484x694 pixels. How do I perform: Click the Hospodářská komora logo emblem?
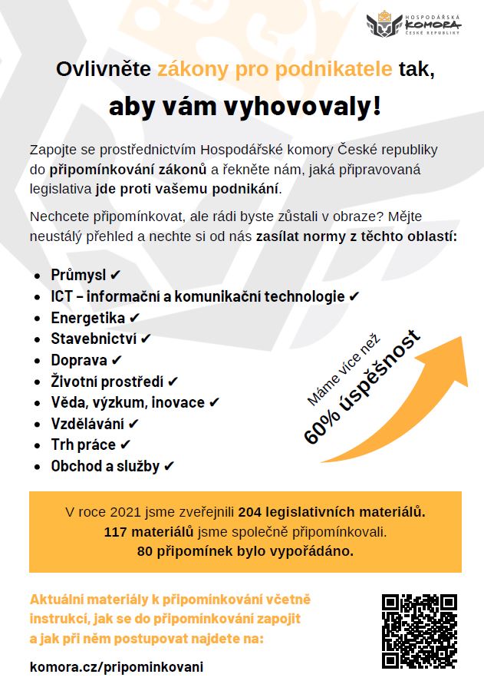pyautogui.click(x=384, y=25)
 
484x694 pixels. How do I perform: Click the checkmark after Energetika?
pyautogui.click(x=135, y=317)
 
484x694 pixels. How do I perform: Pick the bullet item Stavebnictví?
pyautogui.click(x=94, y=338)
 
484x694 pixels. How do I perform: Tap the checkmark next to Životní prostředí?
pyautogui.click(x=173, y=381)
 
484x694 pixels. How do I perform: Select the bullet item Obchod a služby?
pyautogui.click(x=105, y=466)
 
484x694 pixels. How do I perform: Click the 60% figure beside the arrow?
pyautogui.click(x=322, y=427)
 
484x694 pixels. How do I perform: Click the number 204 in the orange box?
pyautogui.click(x=249, y=511)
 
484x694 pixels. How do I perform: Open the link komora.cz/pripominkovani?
pyautogui.click(x=117, y=666)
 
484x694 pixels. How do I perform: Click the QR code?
pyautogui.click(x=420, y=631)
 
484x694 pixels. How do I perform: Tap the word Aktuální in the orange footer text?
pyautogui.click(x=57, y=599)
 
